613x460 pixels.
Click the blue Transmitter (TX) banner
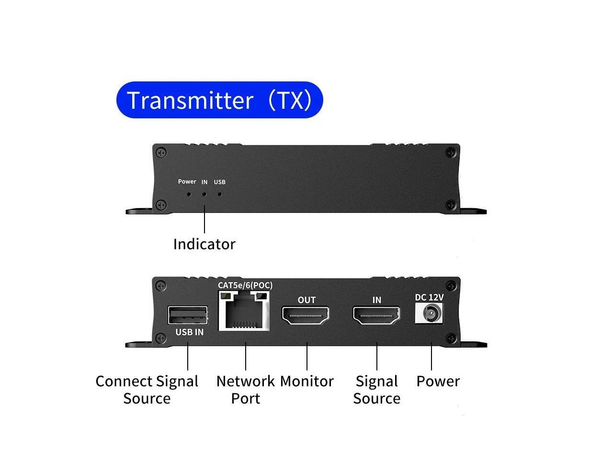(219, 100)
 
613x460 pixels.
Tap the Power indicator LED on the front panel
(189, 195)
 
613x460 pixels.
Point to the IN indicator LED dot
(204, 195)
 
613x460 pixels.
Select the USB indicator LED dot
(220, 195)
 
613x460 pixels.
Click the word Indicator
(204, 244)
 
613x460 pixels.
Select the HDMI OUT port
(306, 315)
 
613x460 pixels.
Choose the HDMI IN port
(377, 315)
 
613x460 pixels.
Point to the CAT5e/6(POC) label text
(245, 286)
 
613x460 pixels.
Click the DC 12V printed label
(429, 298)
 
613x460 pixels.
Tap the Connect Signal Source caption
(147, 390)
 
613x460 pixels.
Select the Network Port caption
(245, 390)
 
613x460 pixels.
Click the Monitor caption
(306, 381)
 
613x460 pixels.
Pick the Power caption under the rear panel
(438, 381)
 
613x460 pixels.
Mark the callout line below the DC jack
(431, 357)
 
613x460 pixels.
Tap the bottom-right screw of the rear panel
(451, 338)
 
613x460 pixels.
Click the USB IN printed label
(189, 332)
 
